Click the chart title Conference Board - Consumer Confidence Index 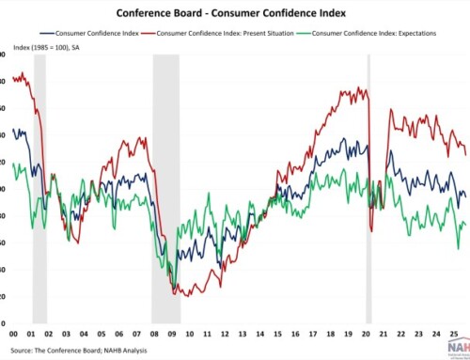tap(234, 14)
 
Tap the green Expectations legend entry tap(377, 34)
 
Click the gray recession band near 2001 tap(39, 188)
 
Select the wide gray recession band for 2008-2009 tap(166, 188)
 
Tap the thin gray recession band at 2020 tap(368, 188)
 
